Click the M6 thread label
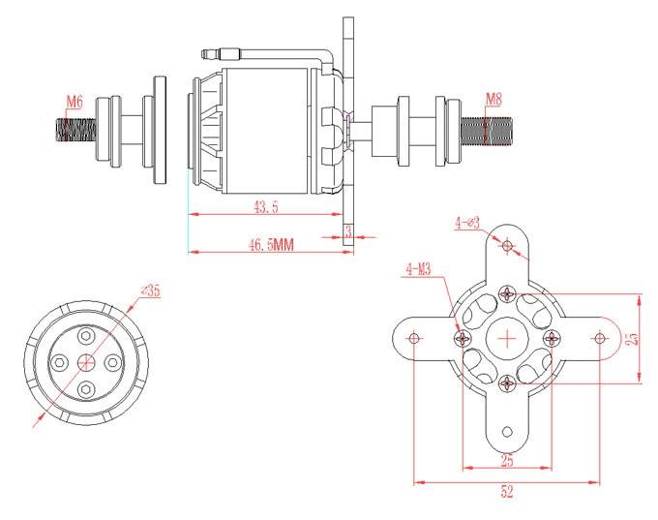[75, 102]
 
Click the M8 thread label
[493, 100]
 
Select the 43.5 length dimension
[266, 207]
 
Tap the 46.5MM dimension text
[272, 244]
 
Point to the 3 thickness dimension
[348, 231]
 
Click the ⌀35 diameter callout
[151, 290]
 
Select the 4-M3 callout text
[418, 269]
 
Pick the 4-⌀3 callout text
[467, 223]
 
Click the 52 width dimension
[507, 492]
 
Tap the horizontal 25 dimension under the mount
[507, 461]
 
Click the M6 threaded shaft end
[75, 130]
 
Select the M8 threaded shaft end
[487, 131]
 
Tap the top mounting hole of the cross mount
[508, 245]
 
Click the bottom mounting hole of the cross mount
[507, 432]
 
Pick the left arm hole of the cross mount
[414, 338]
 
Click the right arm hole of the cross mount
[600, 338]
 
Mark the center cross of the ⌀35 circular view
[86, 361]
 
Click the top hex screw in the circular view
[86, 336]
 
